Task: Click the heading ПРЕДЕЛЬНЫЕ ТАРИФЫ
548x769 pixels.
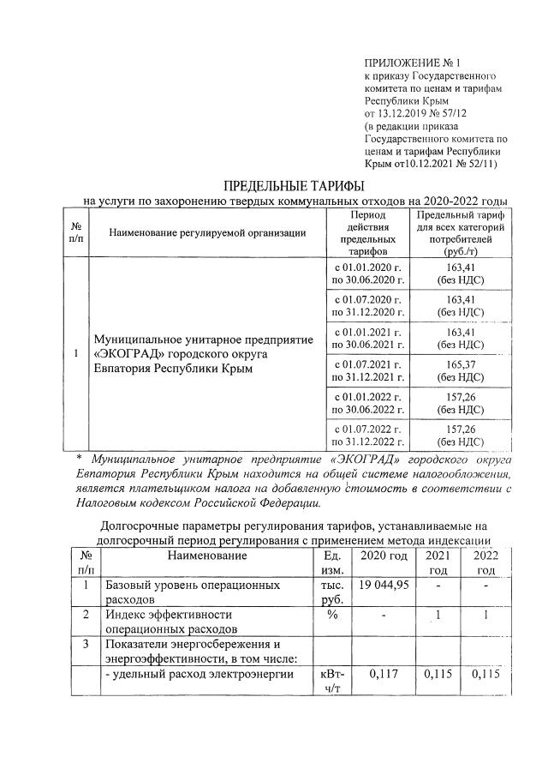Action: [x=282, y=186]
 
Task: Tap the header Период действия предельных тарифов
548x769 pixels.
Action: [x=367, y=233]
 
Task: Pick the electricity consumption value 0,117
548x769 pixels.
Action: [x=384, y=675]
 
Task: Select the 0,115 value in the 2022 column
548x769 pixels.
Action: [x=485, y=675]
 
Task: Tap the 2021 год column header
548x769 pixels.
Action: [x=438, y=562]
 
